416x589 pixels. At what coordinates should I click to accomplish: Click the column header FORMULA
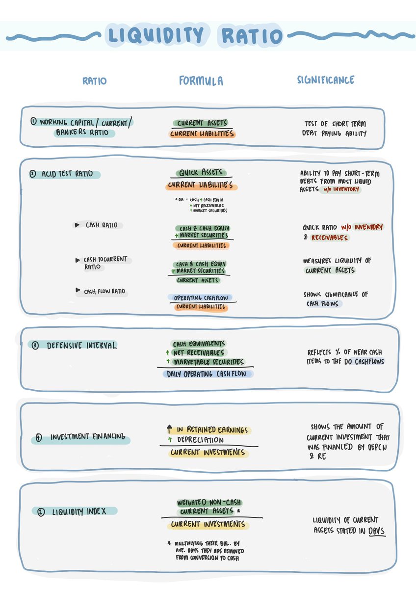point(201,80)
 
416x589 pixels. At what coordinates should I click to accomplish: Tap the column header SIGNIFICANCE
point(326,80)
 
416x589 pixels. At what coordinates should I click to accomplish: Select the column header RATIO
point(95,81)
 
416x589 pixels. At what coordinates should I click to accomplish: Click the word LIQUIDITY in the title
point(156,35)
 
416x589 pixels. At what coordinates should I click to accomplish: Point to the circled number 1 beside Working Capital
point(33,122)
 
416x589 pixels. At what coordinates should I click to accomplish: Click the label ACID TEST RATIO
point(67,174)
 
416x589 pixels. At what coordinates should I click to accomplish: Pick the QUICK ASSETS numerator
point(201,172)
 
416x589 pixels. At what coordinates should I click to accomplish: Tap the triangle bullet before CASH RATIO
point(77,225)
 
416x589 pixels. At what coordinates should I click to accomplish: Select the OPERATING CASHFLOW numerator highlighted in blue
point(201,297)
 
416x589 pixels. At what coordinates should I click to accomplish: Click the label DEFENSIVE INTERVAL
point(81,345)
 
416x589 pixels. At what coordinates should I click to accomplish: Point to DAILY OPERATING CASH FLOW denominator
point(207,374)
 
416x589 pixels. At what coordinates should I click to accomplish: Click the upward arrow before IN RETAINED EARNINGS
point(170,429)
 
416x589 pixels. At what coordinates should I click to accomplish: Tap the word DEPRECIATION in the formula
point(201,440)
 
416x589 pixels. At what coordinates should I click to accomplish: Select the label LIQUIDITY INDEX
point(79,511)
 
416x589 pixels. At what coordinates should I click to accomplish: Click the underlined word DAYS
point(376,531)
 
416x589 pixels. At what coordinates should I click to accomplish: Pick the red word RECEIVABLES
point(330,238)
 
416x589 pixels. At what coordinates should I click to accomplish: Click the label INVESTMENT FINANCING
point(88,437)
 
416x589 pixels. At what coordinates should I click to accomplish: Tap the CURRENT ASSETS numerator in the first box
point(202,123)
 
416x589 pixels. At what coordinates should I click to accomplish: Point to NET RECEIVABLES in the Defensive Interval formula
point(199,352)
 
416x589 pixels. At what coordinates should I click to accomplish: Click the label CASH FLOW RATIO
point(104,292)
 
